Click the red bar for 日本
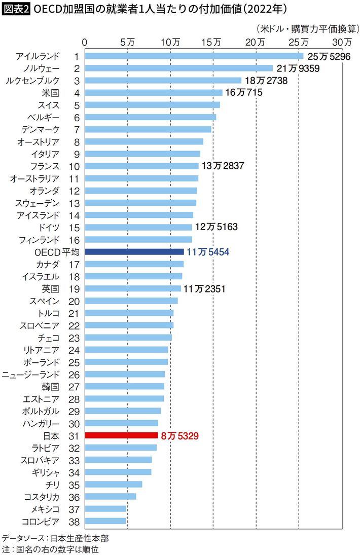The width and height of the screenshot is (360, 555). click(x=122, y=435)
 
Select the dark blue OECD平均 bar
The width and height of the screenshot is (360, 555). click(x=134, y=251)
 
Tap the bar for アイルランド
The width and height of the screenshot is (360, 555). click(x=194, y=56)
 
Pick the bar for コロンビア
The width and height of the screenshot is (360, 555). click(x=105, y=521)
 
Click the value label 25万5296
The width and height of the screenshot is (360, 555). click(x=329, y=56)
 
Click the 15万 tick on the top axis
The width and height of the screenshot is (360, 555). click(x=213, y=42)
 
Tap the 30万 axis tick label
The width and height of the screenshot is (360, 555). click(x=342, y=42)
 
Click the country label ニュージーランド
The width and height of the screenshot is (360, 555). click(x=31, y=374)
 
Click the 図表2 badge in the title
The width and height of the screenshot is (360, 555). click(x=16, y=9)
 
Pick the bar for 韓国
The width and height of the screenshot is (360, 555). click(x=124, y=386)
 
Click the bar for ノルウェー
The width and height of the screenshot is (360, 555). click(x=178, y=68)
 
